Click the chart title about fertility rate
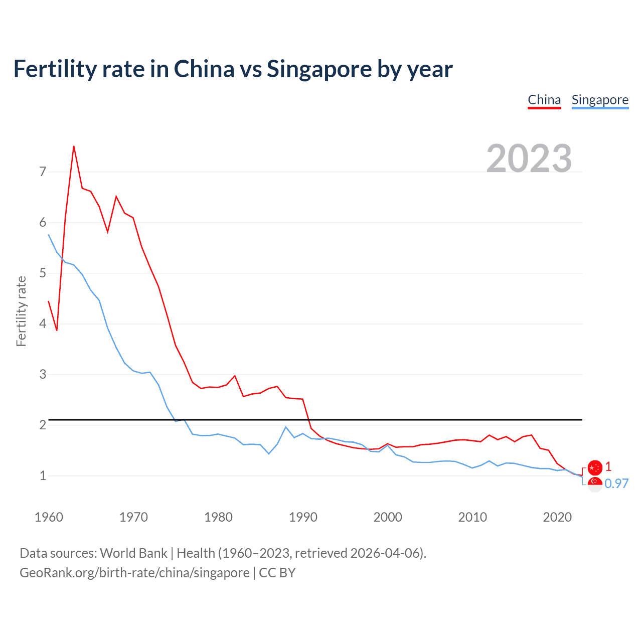(233, 69)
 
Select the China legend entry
(544, 100)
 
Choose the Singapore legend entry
(600, 100)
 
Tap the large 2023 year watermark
(529, 158)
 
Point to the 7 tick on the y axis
(43, 172)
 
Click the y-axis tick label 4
(43, 324)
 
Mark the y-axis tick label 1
(43, 475)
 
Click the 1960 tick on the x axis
(49, 517)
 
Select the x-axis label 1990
(303, 517)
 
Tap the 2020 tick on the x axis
(557, 517)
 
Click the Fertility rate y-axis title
(21, 311)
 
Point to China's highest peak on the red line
(74, 146)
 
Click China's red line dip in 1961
(57, 330)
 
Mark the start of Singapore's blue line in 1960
(49, 235)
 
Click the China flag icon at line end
(595, 467)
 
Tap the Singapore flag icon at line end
(595, 485)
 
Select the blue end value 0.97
(616, 484)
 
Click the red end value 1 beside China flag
(608, 467)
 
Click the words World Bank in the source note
(133, 553)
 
